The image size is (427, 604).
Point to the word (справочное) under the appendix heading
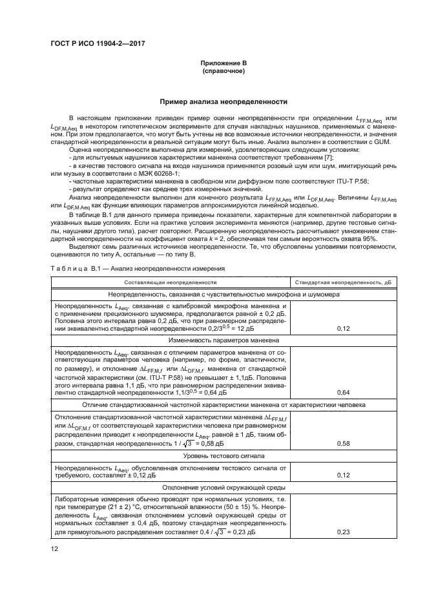coord(223,70)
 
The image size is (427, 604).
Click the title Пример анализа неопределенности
coord(223,102)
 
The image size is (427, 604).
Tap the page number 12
coord(55,548)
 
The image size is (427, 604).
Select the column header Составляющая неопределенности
coord(171,282)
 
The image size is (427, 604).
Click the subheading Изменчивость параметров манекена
coord(224,340)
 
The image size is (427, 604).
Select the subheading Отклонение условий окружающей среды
coord(224,486)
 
